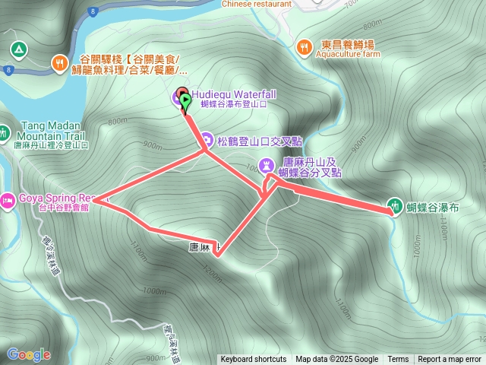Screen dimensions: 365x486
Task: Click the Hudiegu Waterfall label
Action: point(233,94)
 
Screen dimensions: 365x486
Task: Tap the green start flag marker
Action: point(186,100)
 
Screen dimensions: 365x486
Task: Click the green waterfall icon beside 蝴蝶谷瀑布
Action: point(394,205)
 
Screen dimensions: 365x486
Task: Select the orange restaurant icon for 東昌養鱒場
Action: point(304,46)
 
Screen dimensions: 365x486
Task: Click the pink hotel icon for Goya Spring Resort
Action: point(7,201)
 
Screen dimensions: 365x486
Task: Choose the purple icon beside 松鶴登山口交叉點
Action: point(206,140)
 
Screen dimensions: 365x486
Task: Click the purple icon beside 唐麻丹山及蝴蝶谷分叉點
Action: point(266,164)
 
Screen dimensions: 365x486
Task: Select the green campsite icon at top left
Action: point(18,50)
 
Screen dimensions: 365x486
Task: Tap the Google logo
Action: point(28,354)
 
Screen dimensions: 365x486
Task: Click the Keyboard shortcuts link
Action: point(254,360)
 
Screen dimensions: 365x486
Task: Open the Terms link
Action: point(398,360)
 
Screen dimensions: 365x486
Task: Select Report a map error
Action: point(450,360)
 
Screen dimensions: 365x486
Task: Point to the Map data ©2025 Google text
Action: point(336,360)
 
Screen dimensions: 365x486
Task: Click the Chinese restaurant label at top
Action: point(257,4)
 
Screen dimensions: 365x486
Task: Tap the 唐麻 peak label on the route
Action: point(201,248)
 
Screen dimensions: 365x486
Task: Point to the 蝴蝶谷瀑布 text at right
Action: point(433,206)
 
